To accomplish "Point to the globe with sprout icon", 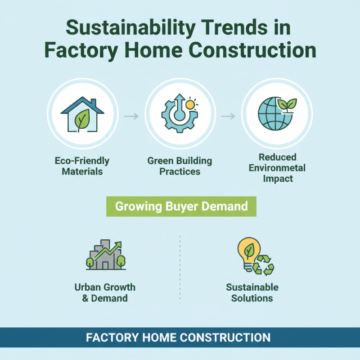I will tap(274, 112).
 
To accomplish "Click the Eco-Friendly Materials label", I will tap(82, 166).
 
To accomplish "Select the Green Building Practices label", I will tap(180, 166).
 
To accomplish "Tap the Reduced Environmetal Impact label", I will tap(277, 168).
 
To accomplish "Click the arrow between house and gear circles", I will tap(131, 117).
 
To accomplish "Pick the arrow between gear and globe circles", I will tap(229, 117).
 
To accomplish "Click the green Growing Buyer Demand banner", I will tap(181, 207).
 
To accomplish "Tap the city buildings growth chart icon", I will tap(106, 256).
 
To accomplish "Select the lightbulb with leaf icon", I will tap(247, 253).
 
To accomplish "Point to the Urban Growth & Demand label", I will tap(105, 292).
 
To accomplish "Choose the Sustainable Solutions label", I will tap(252, 292).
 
